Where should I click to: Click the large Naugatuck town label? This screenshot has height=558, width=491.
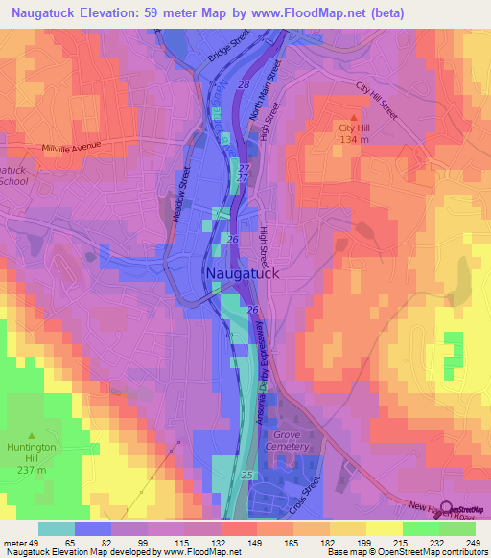point(243,273)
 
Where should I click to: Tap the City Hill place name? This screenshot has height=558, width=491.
point(352,128)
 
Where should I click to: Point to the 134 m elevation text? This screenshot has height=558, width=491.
point(352,140)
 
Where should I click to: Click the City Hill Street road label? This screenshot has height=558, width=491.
point(376,101)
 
